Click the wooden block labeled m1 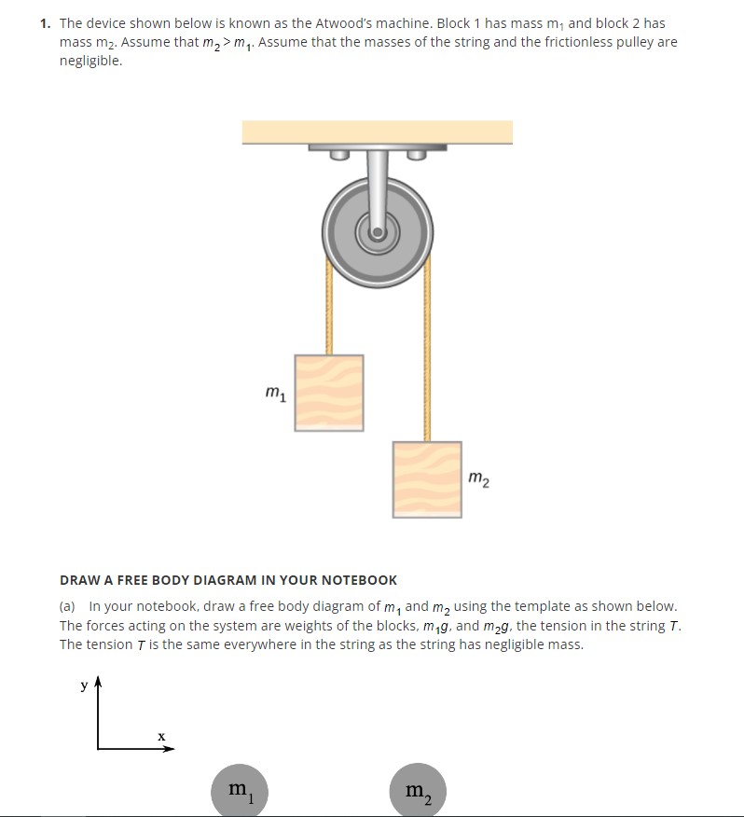(329, 393)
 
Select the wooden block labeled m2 (427, 479)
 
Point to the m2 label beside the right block (478, 480)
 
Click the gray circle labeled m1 (241, 791)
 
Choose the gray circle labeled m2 (419, 791)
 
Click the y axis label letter (84, 685)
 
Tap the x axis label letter (161, 736)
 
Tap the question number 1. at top (47, 23)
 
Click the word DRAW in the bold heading (80, 580)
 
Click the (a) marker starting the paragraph (70, 606)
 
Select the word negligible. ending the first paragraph (90, 61)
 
